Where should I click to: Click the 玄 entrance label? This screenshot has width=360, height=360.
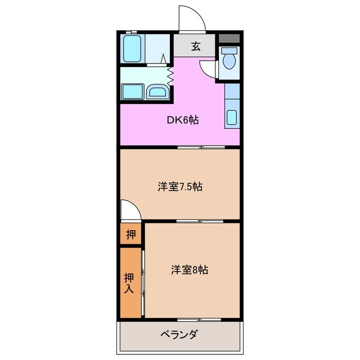tap(195, 46)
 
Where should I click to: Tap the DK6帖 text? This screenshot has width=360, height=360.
tap(182, 119)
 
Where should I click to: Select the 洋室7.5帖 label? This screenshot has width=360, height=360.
tap(179, 187)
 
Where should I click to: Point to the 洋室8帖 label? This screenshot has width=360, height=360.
tap(190, 270)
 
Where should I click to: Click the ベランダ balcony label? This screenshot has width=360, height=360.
tap(179, 335)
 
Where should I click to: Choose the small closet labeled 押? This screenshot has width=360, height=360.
tap(130, 235)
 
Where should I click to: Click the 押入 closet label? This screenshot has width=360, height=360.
tap(129, 283)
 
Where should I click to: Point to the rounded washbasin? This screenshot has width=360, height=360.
tap(157, 92)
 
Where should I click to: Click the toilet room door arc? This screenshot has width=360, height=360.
tap(209, 68)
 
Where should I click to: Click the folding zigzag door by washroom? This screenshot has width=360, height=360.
tap(169, 76)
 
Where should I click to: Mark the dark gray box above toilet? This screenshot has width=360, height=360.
tap(229, 39)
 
